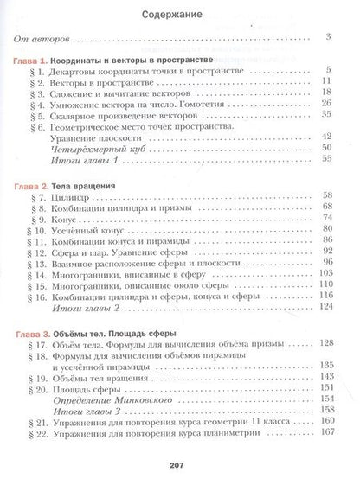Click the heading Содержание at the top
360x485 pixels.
coord(180,15)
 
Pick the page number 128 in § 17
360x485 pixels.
coord(326,344)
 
